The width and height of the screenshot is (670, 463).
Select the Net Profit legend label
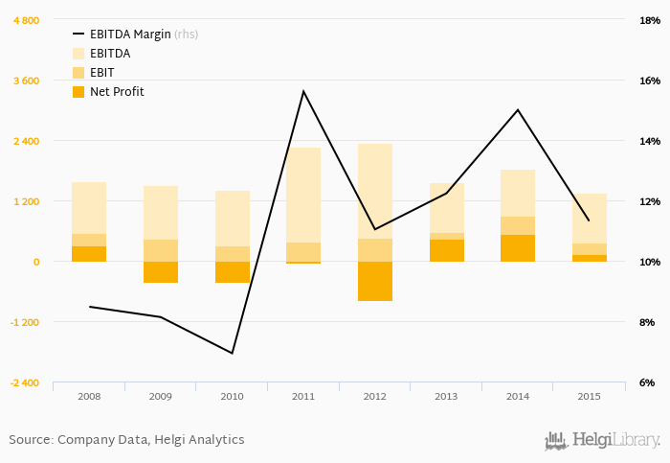tap(117, 92)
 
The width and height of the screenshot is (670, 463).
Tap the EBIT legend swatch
tap(78, 73)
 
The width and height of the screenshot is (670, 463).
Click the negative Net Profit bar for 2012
tap(375, 281)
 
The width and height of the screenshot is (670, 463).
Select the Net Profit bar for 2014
tap(518, 248)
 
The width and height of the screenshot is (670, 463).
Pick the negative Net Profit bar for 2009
tap(161, 272)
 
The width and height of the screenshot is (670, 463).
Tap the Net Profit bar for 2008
tap(89, 254)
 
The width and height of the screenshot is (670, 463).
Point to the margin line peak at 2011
tap(303, 91)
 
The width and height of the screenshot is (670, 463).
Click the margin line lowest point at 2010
tap(232, 353)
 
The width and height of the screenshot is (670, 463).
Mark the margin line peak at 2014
tap(518, 109)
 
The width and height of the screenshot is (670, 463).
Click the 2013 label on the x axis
tap(446, 396)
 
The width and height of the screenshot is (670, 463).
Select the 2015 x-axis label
tap(590, 396)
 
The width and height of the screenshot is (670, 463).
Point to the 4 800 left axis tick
tap(26, 20)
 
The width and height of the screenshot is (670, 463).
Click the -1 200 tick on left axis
tap(24, 322)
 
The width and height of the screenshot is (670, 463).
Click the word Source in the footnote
tap(29, 440)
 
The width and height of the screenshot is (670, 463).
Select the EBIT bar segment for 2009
tap(161, 250)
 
